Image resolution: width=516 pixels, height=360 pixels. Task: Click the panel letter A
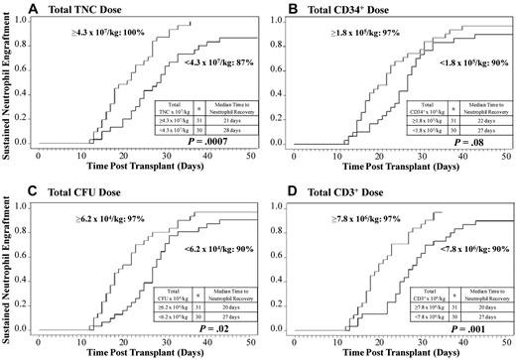(x=33, y=9)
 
